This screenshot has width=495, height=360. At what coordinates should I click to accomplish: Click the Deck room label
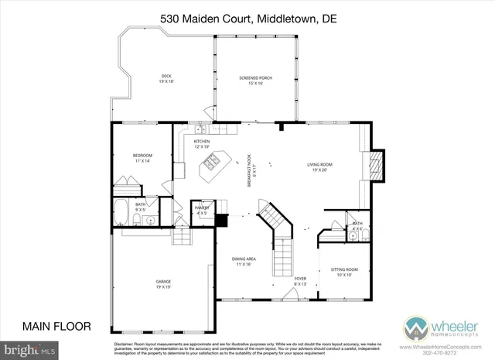(166, 77)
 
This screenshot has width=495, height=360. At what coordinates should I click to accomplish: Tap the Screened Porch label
(254, 80)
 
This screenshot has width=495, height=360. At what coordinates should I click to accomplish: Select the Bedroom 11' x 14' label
(142, 157)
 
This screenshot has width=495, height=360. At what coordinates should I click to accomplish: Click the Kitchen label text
(202, 144)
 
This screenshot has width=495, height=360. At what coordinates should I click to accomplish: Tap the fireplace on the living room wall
(375, 164)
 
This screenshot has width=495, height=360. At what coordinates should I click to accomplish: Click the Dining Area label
(244, 262)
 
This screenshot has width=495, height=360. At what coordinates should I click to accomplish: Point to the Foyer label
(300, 281)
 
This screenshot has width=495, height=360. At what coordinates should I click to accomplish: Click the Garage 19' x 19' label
(163, 283)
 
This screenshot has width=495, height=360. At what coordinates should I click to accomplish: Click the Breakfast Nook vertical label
(250, 166)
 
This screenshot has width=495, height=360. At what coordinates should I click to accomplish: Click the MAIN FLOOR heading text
(57, 325)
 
